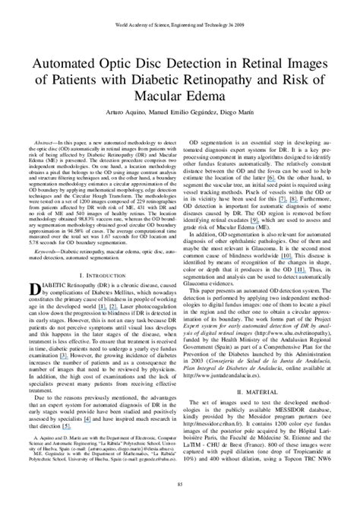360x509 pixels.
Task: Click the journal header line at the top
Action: tap(180, 6)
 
